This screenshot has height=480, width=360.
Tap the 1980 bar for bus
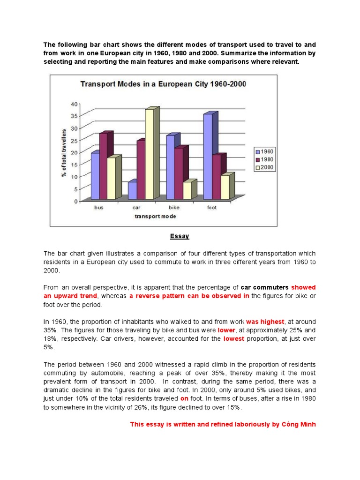103,166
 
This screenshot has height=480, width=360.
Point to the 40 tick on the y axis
73,104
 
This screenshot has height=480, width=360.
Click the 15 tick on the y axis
73,165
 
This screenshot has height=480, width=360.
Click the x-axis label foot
212,208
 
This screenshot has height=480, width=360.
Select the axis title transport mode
156,216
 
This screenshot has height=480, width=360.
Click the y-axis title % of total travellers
63,152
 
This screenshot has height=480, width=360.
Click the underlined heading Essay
180,236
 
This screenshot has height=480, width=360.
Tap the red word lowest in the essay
233,339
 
